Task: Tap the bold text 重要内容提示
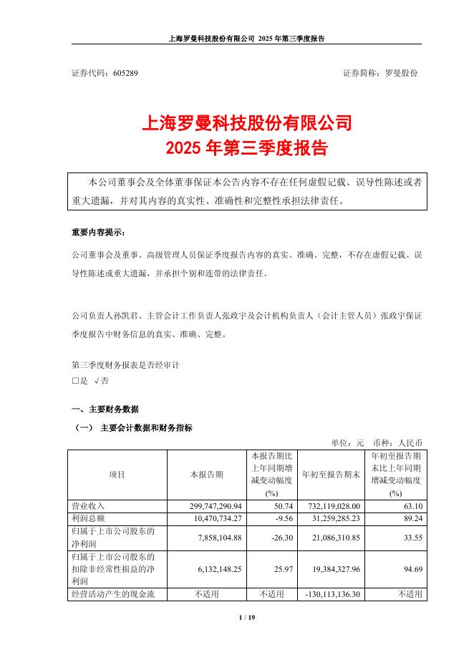click(97, 233)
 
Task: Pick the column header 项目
click(117, 475)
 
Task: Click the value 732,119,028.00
click(330, 506)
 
